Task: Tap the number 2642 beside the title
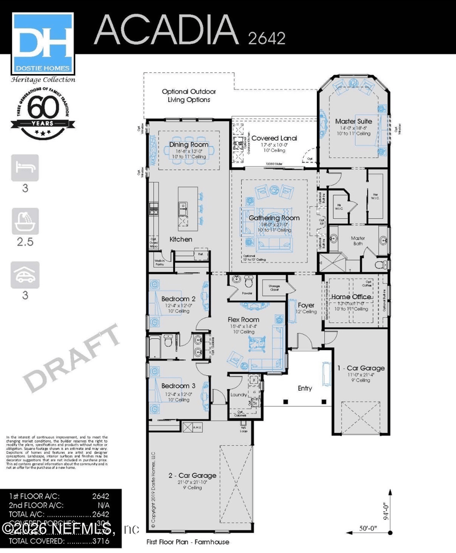click(267, 38)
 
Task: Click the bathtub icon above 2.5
click(25, 222)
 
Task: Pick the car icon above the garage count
click(25, 275)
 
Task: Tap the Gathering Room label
click(274, 218)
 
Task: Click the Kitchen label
click(181, 239)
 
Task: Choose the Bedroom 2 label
click(178, 298)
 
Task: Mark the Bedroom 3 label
click(178, 386)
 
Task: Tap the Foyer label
click(306, 305)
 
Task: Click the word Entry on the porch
click(305, 388)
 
